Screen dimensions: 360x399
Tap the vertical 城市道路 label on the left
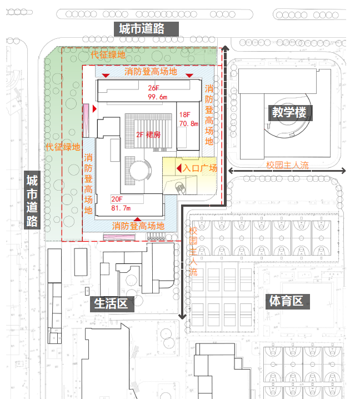tap(32, 201)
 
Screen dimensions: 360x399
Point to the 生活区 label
tap(111, 303)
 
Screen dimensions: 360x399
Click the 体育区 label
tap(286, 301)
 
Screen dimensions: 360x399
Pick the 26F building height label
tap(153, 88)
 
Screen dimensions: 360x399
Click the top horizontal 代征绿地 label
tap(108, 56)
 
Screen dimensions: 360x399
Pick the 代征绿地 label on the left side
tap(63, 147)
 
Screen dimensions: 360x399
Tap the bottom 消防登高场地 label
tap(139, 226)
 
